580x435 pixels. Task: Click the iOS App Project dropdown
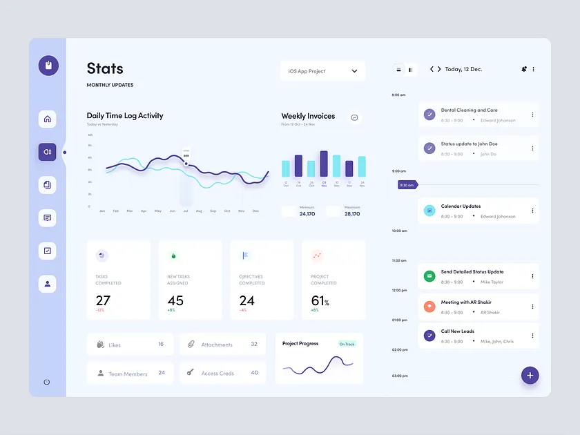coord(322,71)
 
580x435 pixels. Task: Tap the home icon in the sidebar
coord(48,119)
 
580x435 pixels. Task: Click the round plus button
coord(530,375)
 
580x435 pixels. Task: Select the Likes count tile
coord(130,344)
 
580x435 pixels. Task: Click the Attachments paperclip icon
coord(191,344)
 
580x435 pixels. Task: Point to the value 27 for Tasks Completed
coord(103,300)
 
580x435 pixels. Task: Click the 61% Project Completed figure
coord(320,300)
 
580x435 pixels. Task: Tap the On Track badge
coord(347,344)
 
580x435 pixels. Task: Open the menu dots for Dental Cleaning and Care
coord(532,115)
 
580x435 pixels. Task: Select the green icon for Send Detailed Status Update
coord(429,276)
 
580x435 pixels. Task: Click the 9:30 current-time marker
coord(407,184)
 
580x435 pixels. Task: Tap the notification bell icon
coord(524,69)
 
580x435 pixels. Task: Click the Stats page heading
coord(105,68)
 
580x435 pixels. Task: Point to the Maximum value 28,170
coord(352,214)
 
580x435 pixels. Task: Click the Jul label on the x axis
coord(186,211)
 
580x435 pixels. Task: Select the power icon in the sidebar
coord(47,382)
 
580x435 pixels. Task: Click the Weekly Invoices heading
coord(308,116)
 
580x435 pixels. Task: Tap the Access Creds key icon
coord(190,373)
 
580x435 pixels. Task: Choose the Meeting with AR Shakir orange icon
coord(429,307)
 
